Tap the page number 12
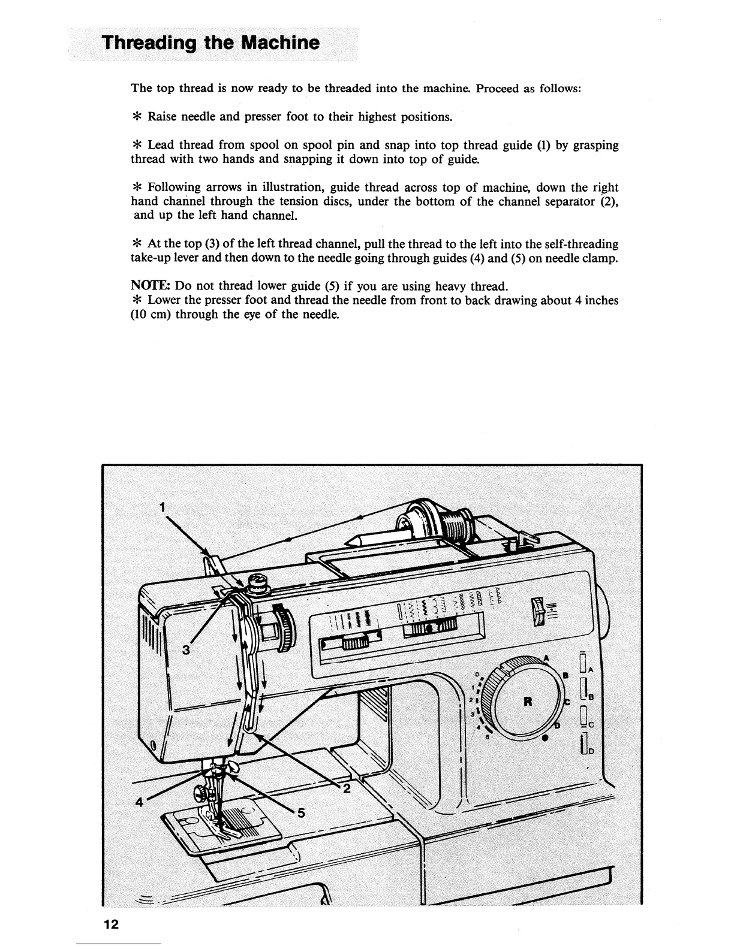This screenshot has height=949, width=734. [111, 924]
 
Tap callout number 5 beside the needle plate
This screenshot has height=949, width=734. [301, 813]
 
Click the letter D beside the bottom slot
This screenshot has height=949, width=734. [591, 751]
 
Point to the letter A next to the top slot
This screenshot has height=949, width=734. [591, 670]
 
